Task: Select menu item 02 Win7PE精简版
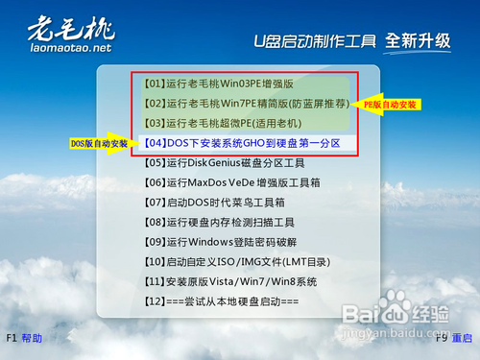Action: (246, 103)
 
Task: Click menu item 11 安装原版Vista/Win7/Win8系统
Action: (230, 282)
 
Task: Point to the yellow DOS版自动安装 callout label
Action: (98, 144)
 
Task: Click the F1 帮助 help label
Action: (24, 339)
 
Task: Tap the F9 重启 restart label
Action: (452, 339)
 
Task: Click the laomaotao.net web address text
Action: (69, 47)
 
